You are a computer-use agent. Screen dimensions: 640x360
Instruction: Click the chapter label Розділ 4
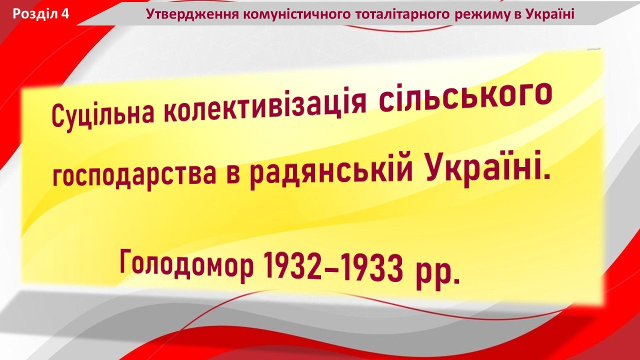click(x=41, y=14)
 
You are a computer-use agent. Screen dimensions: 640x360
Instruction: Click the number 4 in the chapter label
click(x=65, y=14)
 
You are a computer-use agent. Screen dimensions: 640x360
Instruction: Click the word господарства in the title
click(x=134, y=174)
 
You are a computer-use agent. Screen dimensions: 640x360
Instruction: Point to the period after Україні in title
click(x=546, y=177)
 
